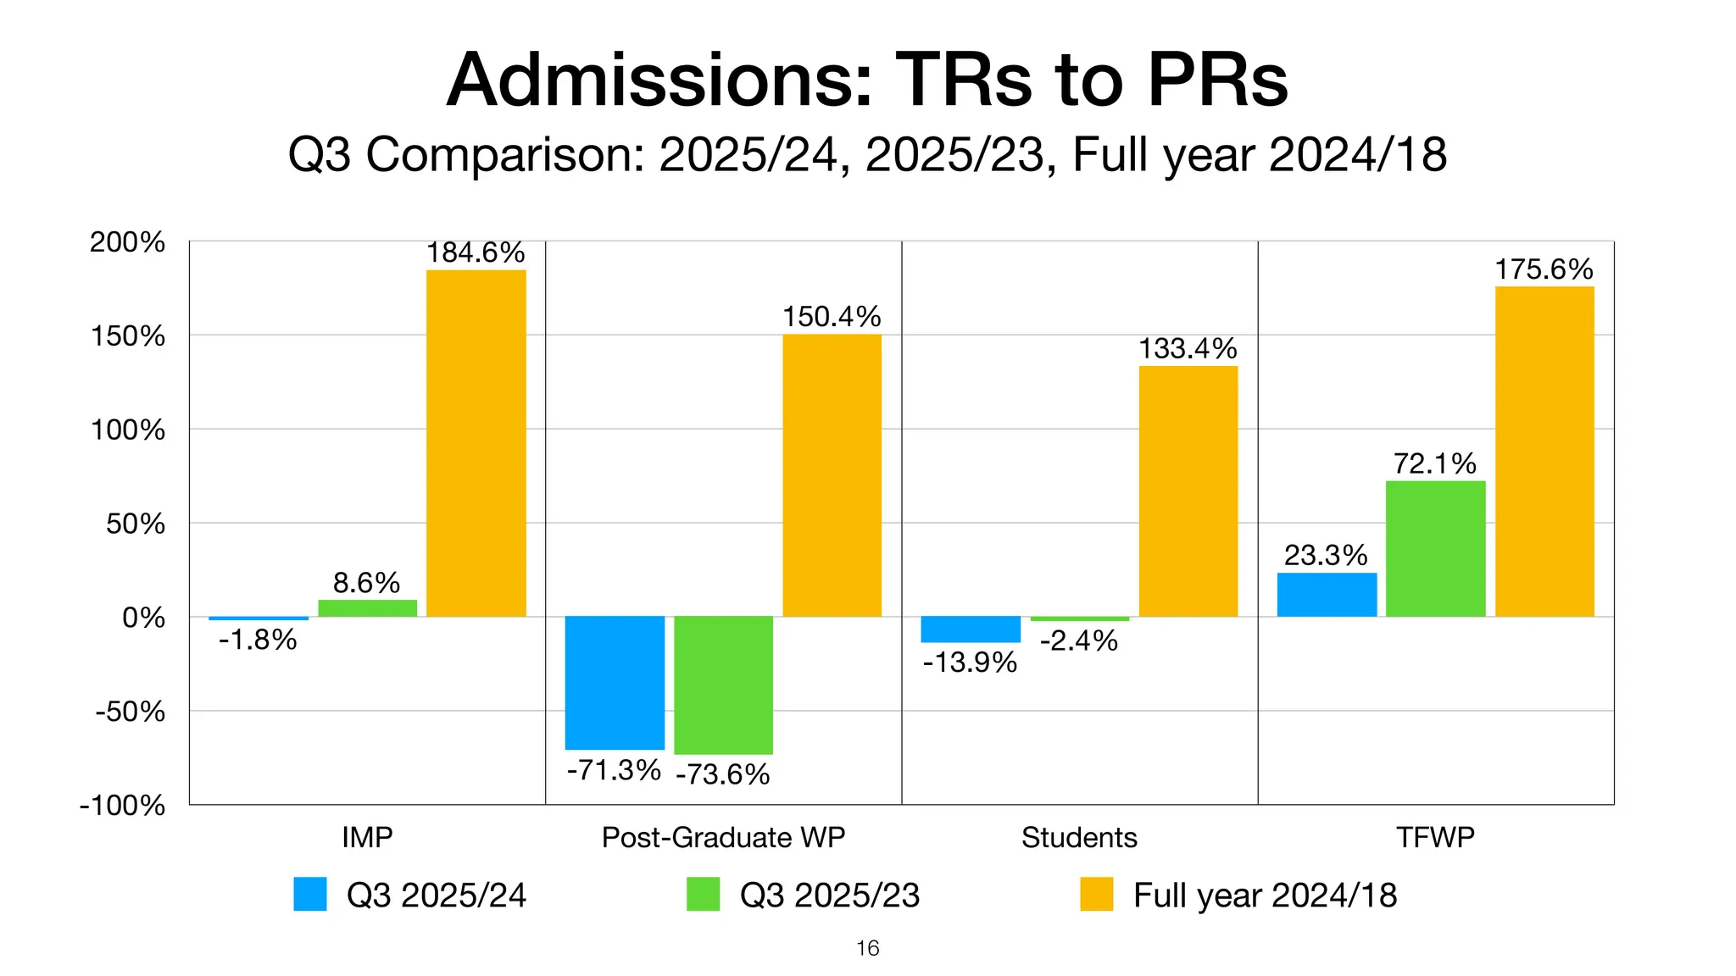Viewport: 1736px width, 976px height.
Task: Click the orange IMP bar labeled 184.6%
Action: pyautogui.click(x=476, y=442)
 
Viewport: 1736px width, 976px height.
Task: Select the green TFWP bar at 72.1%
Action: pyautogui.click(x=1435, y=548)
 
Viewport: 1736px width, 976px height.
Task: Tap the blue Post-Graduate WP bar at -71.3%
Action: pyautogui.click(x=615, y=682)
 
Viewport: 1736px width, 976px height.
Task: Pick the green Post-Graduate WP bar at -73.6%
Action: pyautogui.click(x=723, y=685)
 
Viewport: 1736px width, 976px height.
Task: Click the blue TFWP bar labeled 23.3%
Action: pyautogui.click(x=1327, y=595)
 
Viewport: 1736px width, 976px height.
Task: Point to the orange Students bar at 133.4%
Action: pyautogui.click(x=1188, y=491)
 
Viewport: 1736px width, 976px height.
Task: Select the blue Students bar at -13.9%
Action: pyautogui.click(x=971, y=629)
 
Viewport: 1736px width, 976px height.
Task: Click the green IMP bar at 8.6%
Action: pyautogui.click(x=367, y=608)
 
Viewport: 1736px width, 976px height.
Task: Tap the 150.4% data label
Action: pyautogui.click(x=832, y=317)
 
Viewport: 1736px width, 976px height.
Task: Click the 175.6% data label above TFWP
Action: pyautogui.click(x=1544, y=269)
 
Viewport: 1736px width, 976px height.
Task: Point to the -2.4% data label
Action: pyautogui.click(x=1078, y=640)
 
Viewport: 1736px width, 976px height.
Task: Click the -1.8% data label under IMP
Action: pyautogui.click(x=258, y=640)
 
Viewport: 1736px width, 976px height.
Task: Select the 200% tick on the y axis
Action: pyautogui.click(x=127, y=242)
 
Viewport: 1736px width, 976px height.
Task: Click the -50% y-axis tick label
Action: pyautogui.click(x=130, y=711)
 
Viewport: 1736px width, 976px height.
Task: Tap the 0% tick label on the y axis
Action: pyautogui.click(x=143, y=618)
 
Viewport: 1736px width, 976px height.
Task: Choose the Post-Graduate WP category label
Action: pyautogui.click(x=723, y=837)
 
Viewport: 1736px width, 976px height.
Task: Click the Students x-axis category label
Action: pyautogui.click(x=1079, y=837)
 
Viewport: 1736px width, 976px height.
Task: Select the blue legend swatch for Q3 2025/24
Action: pyautogui.click(x=310, y=894)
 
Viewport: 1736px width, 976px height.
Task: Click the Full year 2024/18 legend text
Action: pyautogui.click(x=1265, y=896)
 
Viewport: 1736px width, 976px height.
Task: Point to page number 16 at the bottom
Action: pyautogui.click(x=868, y=948)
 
